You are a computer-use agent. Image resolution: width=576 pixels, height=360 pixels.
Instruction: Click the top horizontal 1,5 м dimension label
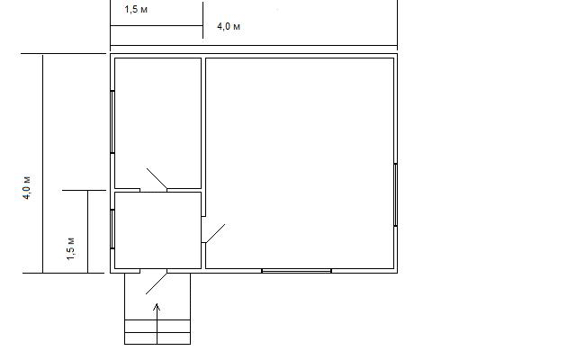click(136, 9)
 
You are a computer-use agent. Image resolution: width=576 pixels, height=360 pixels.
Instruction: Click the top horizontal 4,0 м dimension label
click(229, 26)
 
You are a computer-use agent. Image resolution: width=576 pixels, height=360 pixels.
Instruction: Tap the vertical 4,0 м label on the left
click(27, 187)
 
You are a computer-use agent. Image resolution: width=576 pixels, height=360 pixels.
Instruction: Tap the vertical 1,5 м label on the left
click(70, 248)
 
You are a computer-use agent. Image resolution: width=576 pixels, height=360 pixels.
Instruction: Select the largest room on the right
click(300, 163)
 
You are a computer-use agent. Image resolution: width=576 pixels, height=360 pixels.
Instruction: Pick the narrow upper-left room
click(158, 123)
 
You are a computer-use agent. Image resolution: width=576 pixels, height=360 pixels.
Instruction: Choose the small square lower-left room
click(158, 230)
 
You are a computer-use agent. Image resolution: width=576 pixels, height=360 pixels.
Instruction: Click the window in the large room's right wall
click(396, 194)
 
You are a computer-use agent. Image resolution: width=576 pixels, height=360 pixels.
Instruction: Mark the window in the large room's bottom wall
click(296, 271)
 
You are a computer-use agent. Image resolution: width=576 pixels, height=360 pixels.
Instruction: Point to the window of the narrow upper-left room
click(112, 122)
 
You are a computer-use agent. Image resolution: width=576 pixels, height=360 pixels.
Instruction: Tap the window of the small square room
click(112, 229)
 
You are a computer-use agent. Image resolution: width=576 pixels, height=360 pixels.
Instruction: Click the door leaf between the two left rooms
click(157, 178)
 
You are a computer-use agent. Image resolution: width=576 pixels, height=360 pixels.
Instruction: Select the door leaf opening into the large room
click(215, 234)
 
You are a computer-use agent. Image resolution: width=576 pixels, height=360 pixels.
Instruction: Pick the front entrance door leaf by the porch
click(157, 283)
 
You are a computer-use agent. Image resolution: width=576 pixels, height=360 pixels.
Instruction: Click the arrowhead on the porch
click(157, 307)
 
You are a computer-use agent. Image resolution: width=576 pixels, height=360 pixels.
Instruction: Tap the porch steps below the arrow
click(157, 332)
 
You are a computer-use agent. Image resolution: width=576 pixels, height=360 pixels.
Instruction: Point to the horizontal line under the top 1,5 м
click(157, 26)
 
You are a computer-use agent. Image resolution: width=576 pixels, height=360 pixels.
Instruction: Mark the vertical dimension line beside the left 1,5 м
click(88, 232)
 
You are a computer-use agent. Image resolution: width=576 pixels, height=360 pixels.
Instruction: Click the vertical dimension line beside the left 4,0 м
click(42, 164)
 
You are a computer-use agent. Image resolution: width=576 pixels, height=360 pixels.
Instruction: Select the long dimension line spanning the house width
click(254, 46)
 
